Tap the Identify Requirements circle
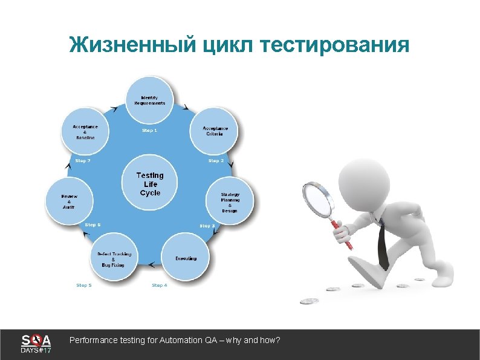coord(149,100)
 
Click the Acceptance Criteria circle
coord(214,131)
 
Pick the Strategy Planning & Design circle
coord(229,201)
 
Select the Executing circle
coord(186,258)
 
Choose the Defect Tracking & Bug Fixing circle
coord(114,259)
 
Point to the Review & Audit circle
coord(70,201)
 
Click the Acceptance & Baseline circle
coord(85,132)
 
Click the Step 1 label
coord(149,130)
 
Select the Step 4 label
coord(160,285)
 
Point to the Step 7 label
coord(83,161)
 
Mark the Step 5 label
coord(84,285)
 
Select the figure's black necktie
coord(383,245)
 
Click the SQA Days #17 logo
coord(36,344)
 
